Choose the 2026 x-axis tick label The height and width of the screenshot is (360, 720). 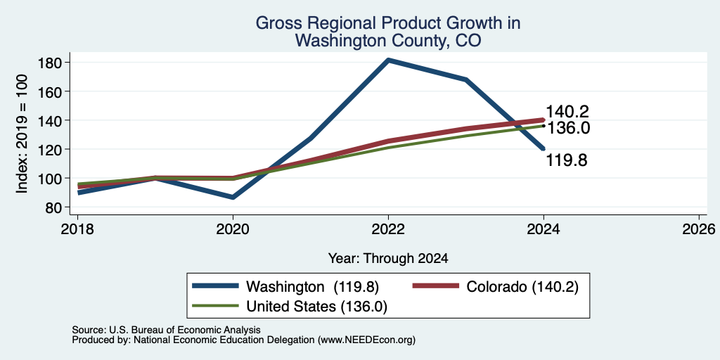[x=700, y=229]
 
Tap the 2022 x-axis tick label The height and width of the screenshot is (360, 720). [x=388, y=229]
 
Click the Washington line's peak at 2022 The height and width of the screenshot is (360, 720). [x=388, y=60]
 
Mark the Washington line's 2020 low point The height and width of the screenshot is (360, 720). [x=233, y=198]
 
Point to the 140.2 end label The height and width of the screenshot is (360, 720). [x=567, y=112]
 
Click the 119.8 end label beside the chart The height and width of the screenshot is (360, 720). [x=567, y=161]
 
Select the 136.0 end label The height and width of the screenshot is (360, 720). [x=567, y=128]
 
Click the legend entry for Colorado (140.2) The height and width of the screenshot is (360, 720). [x=496, y=287]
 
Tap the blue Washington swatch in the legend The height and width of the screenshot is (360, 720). [x=215, y=287]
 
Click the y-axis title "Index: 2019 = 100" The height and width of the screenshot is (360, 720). [x=22, y=134]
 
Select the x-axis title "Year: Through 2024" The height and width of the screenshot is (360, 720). [x=388, y=259]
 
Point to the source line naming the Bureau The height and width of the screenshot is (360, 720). [x=166, y=330]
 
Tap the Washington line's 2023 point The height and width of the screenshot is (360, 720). [x=466, y=79]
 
